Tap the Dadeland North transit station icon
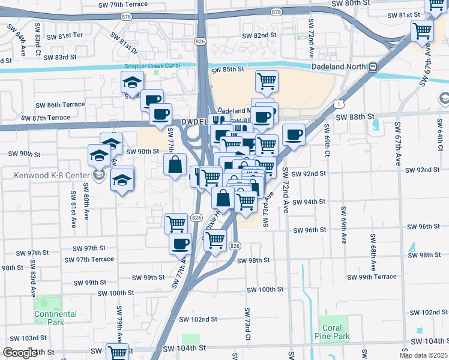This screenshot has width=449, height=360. pos(373,67)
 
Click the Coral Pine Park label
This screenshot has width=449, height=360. pos(332,332)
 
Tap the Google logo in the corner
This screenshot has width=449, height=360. pos(19,353)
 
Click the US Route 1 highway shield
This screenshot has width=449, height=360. pos(340,104)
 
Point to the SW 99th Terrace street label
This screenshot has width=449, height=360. pos(378,277)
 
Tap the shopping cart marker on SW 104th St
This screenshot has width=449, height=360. pos(117,353)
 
